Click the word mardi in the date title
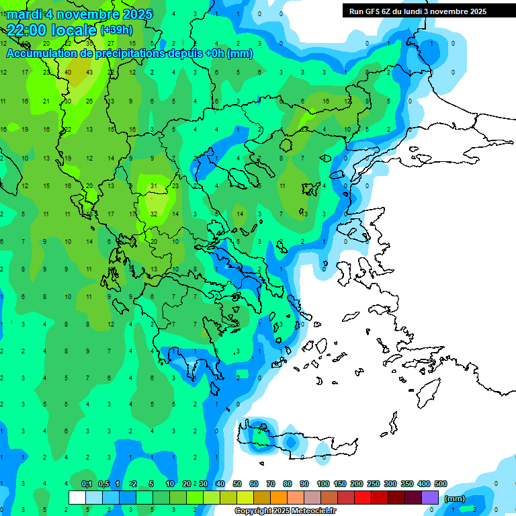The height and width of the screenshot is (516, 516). click(x=23, y=14)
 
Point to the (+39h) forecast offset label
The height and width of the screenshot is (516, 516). click(x=116, y=30)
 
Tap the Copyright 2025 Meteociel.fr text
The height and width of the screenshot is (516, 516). click(x=285, y=511)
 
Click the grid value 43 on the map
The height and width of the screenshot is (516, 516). click(x=89, y=73)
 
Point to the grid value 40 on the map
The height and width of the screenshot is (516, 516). click(x=68, y=73)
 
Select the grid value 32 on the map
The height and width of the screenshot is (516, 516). click(x=154, y=214)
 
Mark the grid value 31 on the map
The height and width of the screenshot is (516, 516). click(x=154, y=186)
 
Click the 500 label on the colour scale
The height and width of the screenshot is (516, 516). click(x=441, y=484)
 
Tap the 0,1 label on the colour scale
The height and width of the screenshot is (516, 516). click(x=87, y=484)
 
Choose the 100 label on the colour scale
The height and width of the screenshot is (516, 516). click(x=322, y=484)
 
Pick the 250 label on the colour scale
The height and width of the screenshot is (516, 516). click(x=373, y=484)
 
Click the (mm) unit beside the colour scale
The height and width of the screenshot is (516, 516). click(x=454, y=499)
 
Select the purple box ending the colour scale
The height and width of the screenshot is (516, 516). click(x=430, y=497)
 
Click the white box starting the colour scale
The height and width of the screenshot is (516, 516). click(x=77, y=497)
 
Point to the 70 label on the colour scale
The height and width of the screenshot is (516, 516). click(x=271, y=484)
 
